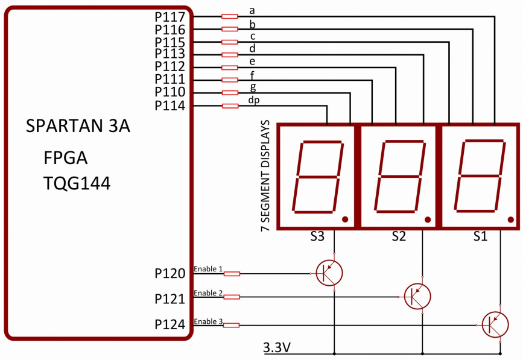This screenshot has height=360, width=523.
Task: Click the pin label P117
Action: [171, 16]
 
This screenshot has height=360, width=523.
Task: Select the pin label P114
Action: [171, 106]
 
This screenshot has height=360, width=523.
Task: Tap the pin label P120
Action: [171, 274]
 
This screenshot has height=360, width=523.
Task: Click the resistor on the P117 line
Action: [230, 16]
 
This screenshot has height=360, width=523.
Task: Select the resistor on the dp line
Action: [230, 106]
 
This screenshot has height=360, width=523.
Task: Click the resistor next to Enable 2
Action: [232, 297]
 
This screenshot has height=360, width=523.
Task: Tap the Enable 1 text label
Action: [208, 268]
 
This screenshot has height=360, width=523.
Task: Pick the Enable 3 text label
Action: [208, 321]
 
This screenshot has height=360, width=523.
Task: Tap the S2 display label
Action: [398, 236]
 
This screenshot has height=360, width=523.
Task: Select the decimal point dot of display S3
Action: [344, 219]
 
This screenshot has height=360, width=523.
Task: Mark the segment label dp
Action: [253, 100]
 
